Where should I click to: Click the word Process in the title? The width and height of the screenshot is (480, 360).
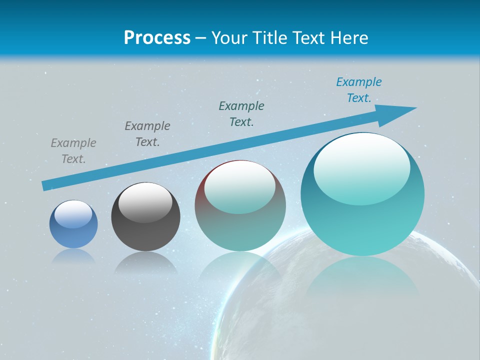point(157,38)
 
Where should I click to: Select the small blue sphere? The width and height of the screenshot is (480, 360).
point(73,224)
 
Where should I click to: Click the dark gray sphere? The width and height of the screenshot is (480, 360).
point(145,217)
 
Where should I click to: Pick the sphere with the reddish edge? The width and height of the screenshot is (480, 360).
point(240,206)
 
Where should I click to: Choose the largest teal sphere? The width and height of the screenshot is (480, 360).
point(362,194)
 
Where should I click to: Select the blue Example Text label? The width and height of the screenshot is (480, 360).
point(359,90)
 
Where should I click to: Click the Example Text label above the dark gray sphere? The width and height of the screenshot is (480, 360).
point(147,134)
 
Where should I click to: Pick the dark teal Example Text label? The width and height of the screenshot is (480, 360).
point(241,114)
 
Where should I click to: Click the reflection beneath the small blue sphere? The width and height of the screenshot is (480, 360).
point(73,256)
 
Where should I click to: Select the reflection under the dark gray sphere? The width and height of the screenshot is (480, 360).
point(145,262)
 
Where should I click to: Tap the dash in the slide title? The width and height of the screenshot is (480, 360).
point(200,38)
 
